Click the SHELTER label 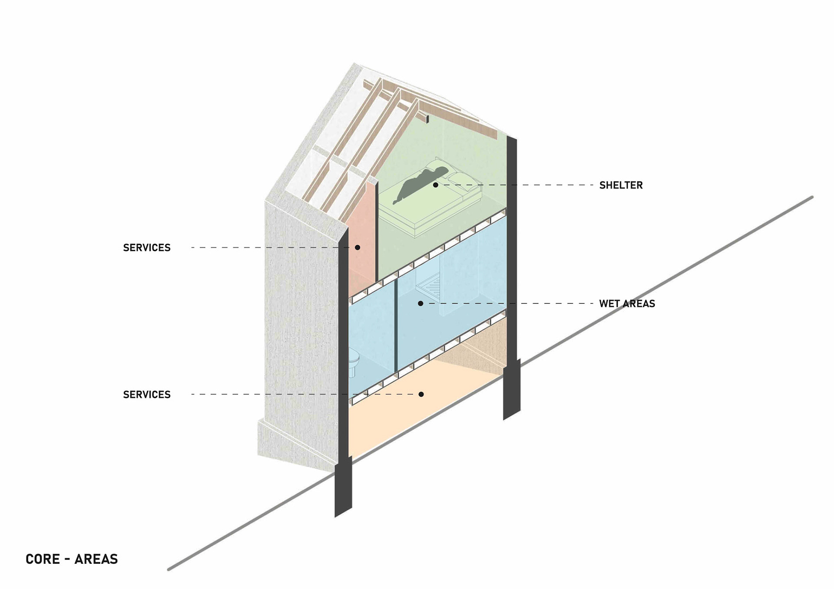click(x=621, y=185)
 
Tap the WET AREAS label click(x=627, y=304)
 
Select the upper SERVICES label click(x=147, y=248)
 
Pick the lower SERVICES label click(x=147, y=395)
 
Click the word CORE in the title click(x=43, y=559)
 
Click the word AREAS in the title click(x=96, y=559)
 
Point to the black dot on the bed click(x=435, y=185)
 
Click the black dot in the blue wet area click(x=420, y=303)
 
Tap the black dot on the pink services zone click(x=357, y=247)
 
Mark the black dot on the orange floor click(x=421, y=394)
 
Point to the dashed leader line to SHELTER click(x=543, y=185)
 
